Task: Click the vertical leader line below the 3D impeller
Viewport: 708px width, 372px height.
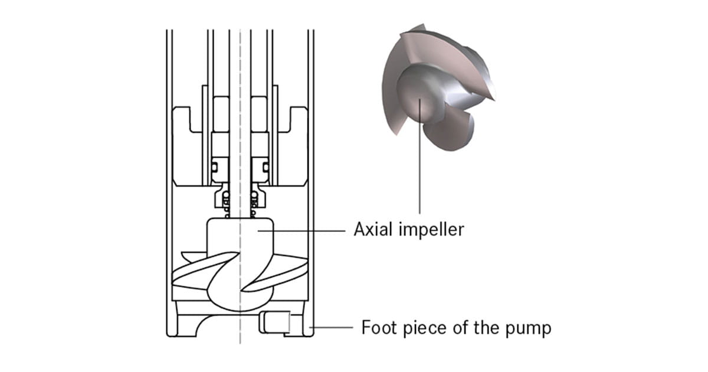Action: coord(419,177)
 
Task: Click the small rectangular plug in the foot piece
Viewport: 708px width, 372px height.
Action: coord(274,323)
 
